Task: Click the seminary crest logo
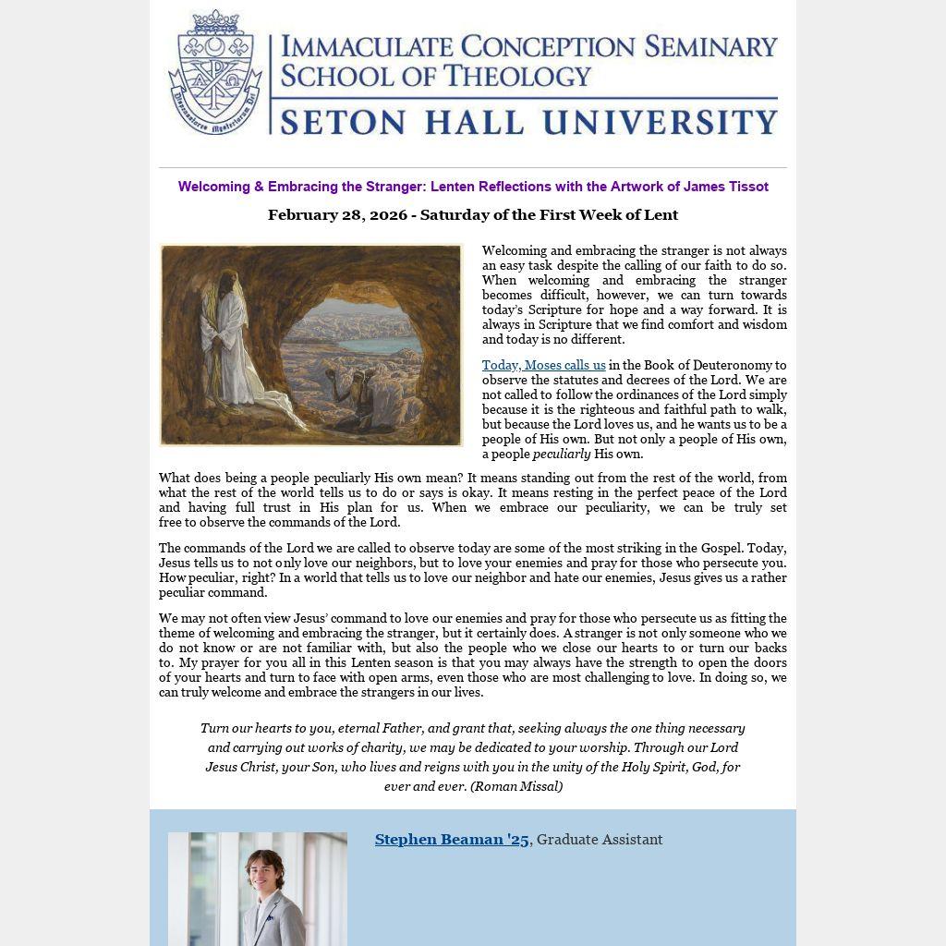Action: tap(215, 74)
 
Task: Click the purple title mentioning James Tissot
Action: tap(473, 187)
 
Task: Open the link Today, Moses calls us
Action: tap(543, 366)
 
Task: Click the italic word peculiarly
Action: tap(561, 455)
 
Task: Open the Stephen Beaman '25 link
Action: tap(452, 840)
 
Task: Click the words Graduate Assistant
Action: tap(600, 840)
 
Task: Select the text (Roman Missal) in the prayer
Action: tap(516, 787)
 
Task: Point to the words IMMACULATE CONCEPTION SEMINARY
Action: tap(528, 46)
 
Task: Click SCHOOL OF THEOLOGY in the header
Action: tap(435, 76)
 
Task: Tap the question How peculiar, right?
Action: tap(212, 578)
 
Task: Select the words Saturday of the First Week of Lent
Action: tap(549, 215)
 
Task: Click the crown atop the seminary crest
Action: tap(215, 20)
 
